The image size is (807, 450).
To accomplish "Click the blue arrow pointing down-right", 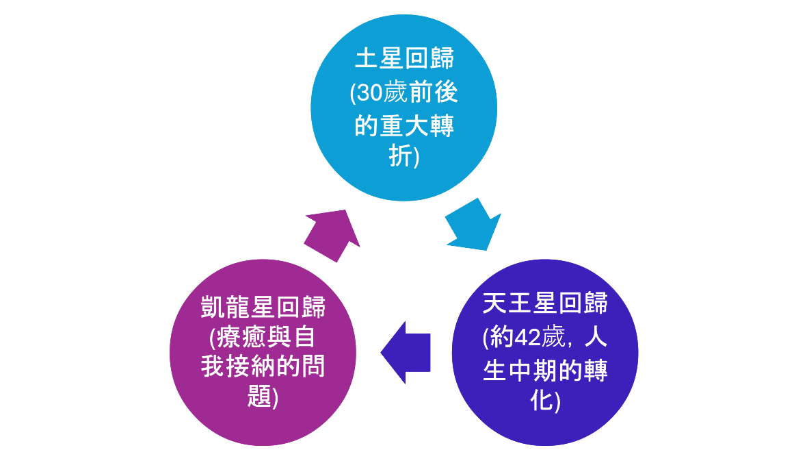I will point(474,224).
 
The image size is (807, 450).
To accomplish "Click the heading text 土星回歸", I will point(404,60).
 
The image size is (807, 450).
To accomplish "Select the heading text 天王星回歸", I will point(545,303).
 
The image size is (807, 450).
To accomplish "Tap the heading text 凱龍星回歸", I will point(263,308).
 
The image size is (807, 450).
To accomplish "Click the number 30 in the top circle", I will point(370,93).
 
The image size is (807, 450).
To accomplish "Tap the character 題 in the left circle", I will point(259,397).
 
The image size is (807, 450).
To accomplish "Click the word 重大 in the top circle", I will point(404,126).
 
